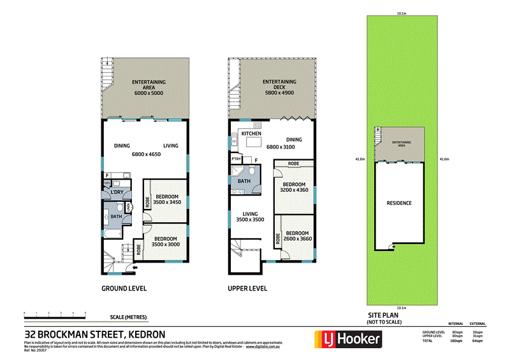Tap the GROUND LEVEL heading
124,288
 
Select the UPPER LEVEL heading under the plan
247,288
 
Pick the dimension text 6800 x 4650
146,154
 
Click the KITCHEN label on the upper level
251,133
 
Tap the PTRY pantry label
237,159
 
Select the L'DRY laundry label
117,192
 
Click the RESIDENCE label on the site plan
399,203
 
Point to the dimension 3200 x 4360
293,190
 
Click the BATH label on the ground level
116,217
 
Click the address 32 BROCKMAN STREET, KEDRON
94,334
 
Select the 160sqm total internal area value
457,342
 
